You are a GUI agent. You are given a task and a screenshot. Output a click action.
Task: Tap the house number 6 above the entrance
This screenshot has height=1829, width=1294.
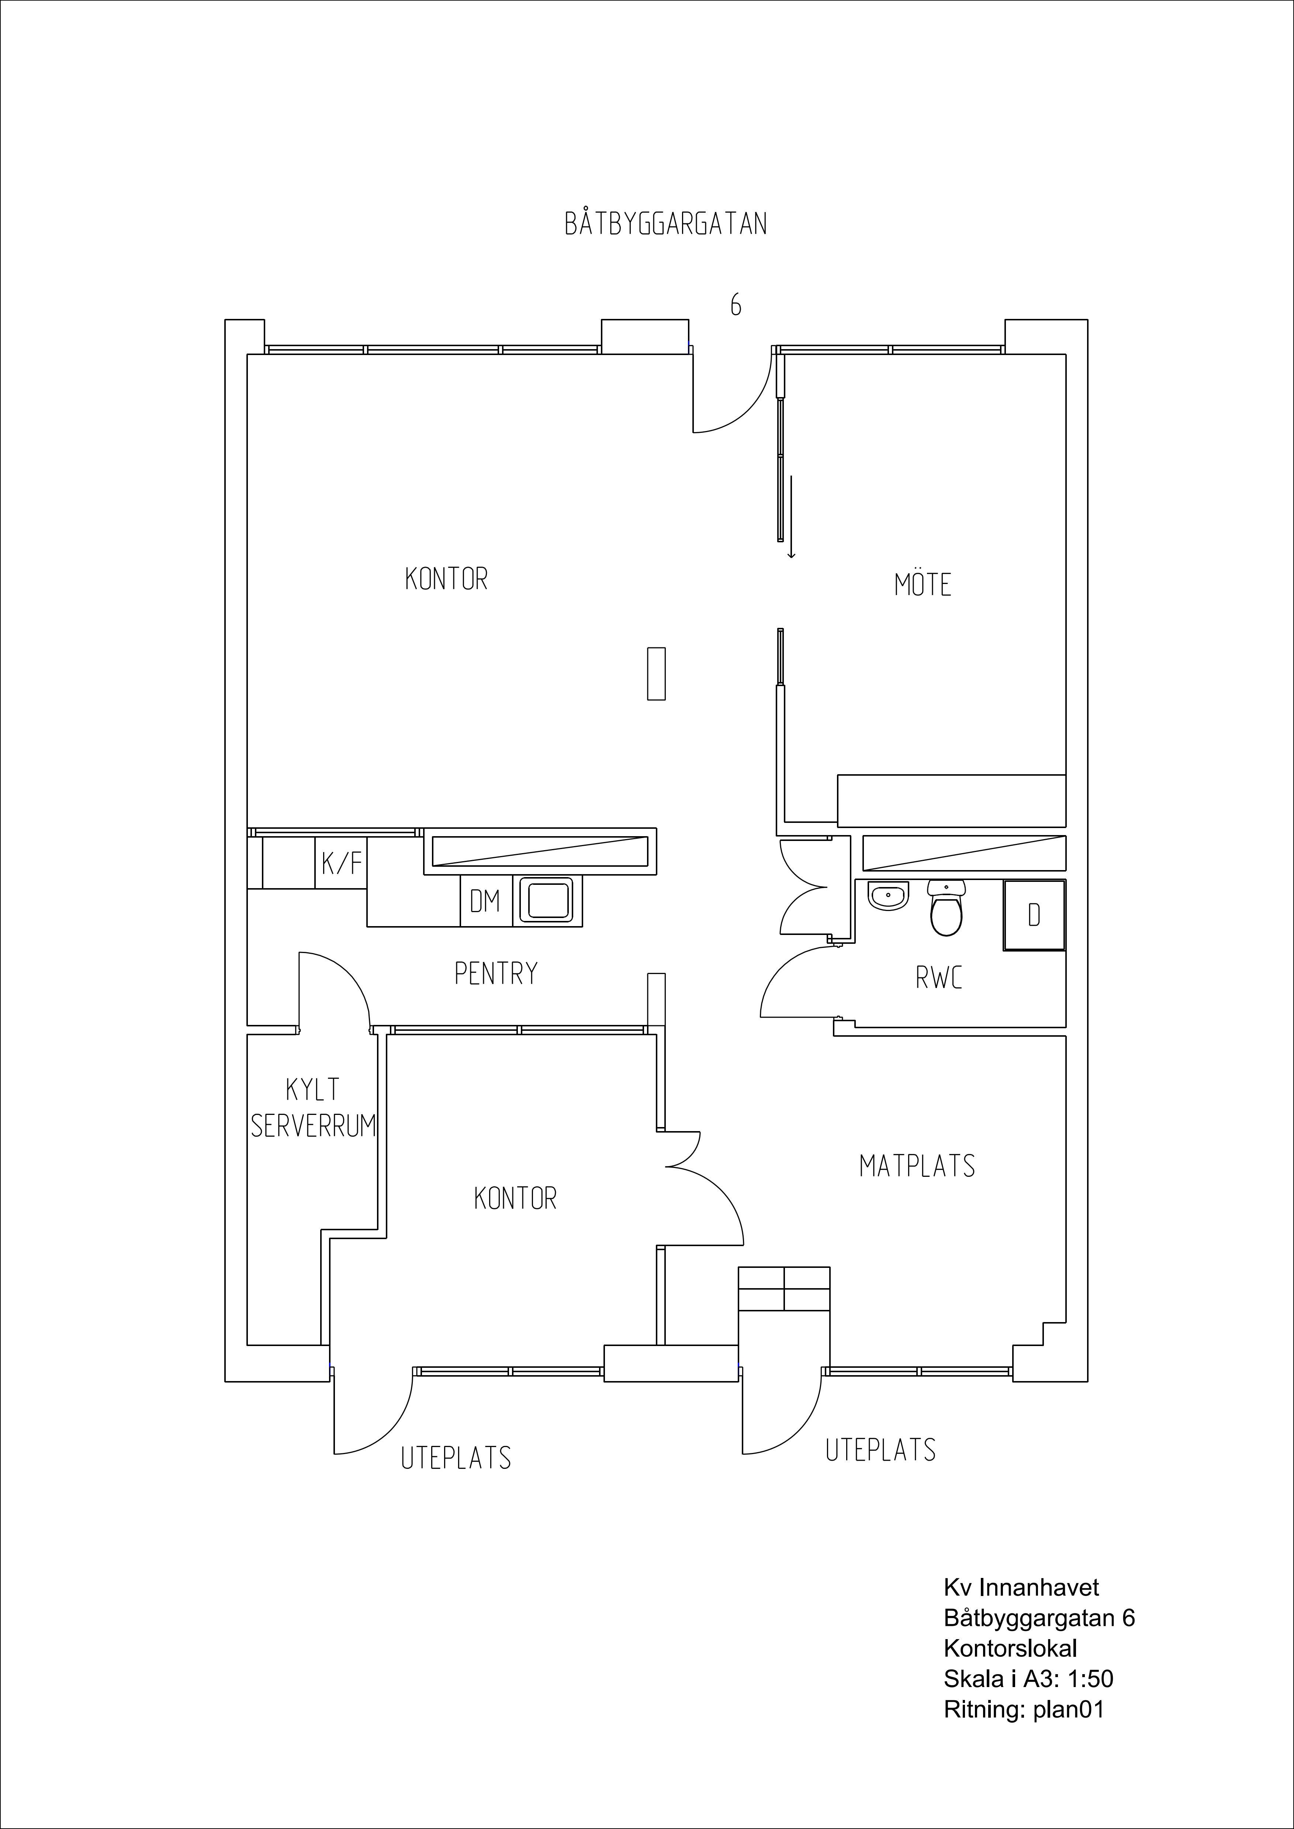pyautogui.click(x=736, y=305)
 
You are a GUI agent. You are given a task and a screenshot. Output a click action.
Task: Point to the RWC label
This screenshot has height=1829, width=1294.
pyautogui.click(x=939, y=977)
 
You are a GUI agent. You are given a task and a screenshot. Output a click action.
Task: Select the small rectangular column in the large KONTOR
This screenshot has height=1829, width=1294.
pyautogui.click(x=656, y=674)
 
